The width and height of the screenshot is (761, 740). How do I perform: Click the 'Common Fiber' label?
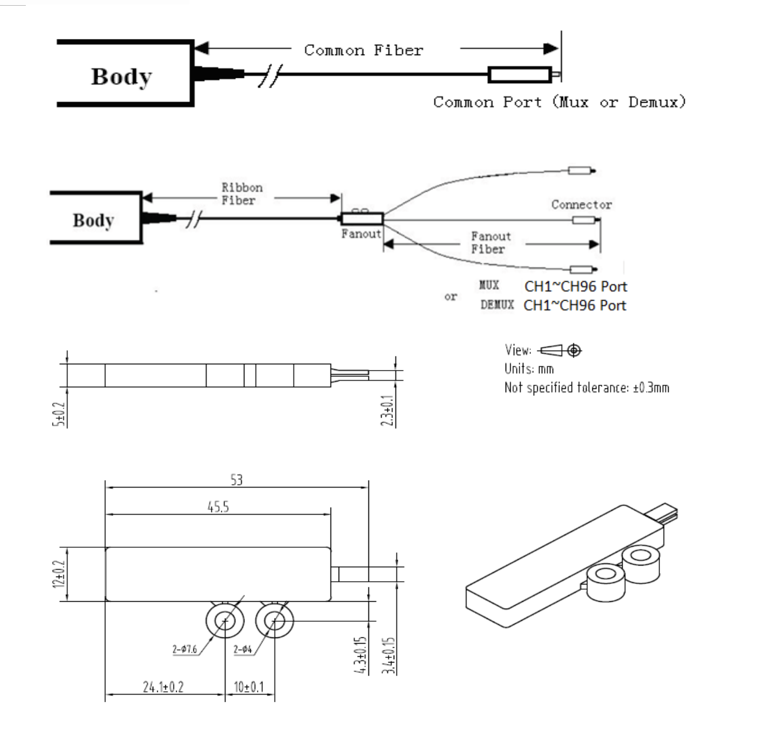[363, 50]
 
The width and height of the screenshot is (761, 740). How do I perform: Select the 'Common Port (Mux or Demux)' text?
[560, 103]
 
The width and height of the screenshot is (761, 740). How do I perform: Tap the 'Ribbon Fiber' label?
[242, 194]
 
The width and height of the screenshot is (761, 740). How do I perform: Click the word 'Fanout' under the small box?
[361, 234]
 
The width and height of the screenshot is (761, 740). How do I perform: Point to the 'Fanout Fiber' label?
[490, 243]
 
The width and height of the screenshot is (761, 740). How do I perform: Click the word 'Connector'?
[581, 205]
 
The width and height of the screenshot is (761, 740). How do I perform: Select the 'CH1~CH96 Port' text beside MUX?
[576, 287]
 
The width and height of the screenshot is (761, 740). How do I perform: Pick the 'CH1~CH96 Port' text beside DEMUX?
[574, 306]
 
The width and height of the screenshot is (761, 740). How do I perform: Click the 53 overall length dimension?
[236, 480]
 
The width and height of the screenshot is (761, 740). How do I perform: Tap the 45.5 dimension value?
[218, 507]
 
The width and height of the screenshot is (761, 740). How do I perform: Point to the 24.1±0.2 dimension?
[163, 687]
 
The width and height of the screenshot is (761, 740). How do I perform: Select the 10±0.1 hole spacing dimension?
[249, 687]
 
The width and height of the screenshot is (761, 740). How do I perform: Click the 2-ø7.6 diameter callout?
[185, 649]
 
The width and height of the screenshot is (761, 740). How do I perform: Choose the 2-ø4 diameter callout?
[243, 649]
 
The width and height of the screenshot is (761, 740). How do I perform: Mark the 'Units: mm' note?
[529, 369]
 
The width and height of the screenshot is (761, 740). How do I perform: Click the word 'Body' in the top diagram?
[121, 76]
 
